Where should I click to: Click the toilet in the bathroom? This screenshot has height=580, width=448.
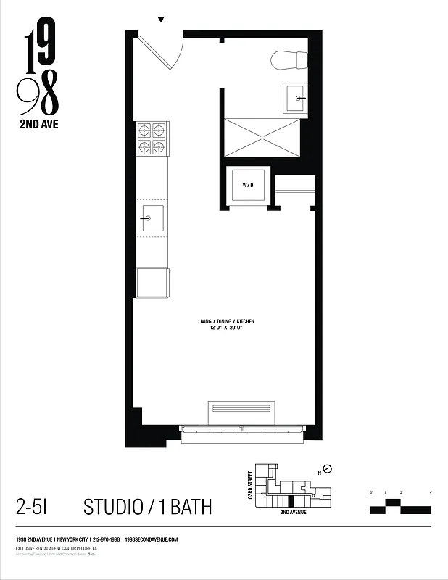coord(288,59)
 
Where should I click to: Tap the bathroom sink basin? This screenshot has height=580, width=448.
coord(296,97)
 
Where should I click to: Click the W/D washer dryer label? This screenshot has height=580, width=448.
coord(248,186)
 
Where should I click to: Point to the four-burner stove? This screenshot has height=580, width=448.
coord(152,138)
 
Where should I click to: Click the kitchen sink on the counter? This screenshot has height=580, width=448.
coord(152,217)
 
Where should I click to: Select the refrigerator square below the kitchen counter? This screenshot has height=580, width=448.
coord(152,282)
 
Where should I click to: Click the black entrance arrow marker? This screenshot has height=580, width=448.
coord(161,20)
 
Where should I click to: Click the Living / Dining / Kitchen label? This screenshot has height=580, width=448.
coord(226,321)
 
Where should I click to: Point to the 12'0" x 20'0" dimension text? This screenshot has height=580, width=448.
coord(226,328)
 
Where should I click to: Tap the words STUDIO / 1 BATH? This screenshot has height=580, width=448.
coord(148,506)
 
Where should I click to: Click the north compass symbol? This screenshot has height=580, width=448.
coord(327,469)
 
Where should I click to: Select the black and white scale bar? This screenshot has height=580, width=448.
coord(400,506)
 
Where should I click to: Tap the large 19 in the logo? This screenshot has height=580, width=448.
coord(38,52)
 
